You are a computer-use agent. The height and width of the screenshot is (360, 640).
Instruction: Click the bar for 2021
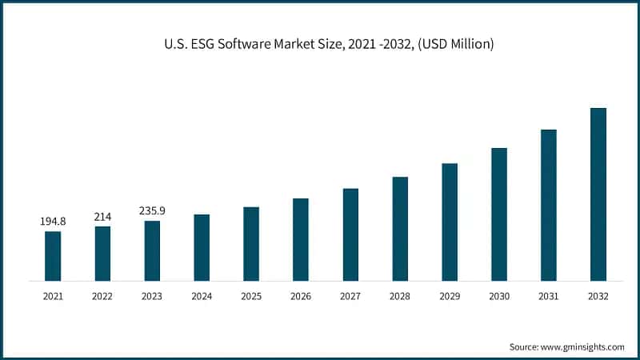click(53, 256)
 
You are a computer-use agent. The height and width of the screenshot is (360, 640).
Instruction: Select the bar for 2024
click(202, 247)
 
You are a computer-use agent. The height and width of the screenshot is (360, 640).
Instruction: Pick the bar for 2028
click(400, 229)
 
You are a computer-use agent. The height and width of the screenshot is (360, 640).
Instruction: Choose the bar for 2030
click(499, 214)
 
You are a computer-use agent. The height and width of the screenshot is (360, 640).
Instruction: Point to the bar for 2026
click(301, 239)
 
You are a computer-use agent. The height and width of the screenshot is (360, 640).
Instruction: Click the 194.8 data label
click(53, 221)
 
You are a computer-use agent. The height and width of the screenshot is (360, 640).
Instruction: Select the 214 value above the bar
click(102, 216)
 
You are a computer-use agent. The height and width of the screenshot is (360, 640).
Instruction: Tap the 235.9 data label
click(152, 210)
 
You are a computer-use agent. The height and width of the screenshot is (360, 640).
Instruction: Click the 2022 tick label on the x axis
click(102, 296)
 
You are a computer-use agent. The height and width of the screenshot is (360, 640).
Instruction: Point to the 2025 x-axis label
click(251, 296)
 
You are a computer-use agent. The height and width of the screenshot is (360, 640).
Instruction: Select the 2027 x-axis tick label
click(350, 296)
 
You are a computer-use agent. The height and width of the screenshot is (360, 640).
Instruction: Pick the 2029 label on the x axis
click(450, 296)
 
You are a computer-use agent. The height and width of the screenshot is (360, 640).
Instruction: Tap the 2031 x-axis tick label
click(548, 296)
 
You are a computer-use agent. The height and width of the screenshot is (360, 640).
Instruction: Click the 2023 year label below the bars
click(152, 296)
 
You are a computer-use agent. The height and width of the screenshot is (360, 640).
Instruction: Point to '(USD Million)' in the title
click(454, 44)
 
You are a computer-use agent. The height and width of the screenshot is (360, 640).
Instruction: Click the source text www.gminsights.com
click(584, 346)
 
